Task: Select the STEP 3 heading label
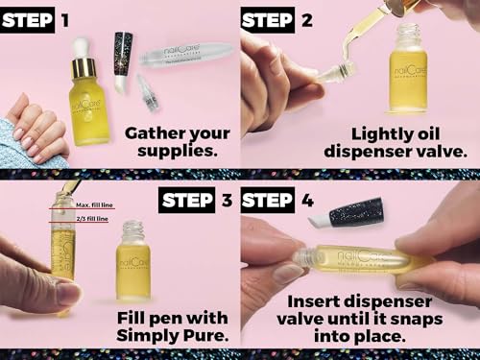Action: click(201, 202)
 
